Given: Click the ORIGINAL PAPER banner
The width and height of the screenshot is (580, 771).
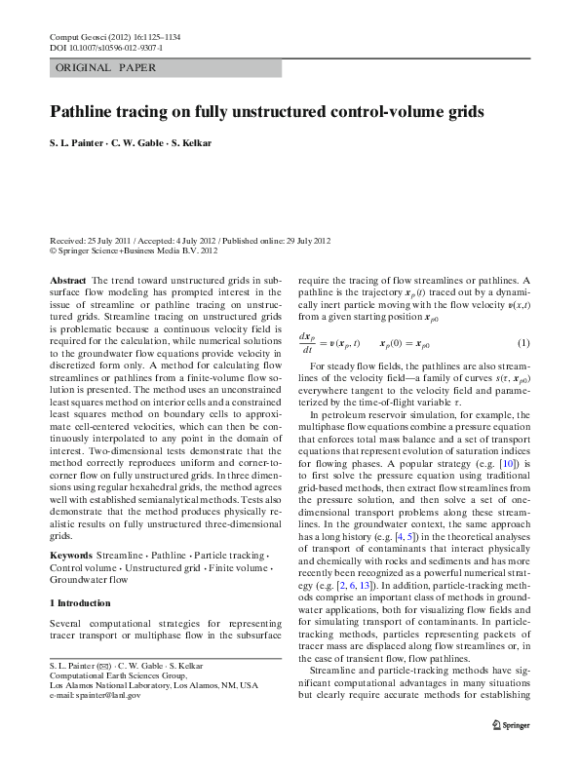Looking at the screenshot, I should [x=101, y=68].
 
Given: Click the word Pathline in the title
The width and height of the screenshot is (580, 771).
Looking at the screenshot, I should [x=85, y=112].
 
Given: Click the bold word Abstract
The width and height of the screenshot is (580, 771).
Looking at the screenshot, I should [x=67, y=279].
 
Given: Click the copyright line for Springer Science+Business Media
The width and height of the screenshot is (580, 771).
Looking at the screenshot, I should [x=134, y=251].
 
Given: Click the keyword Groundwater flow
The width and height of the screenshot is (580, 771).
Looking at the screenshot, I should [x=89, y=579].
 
